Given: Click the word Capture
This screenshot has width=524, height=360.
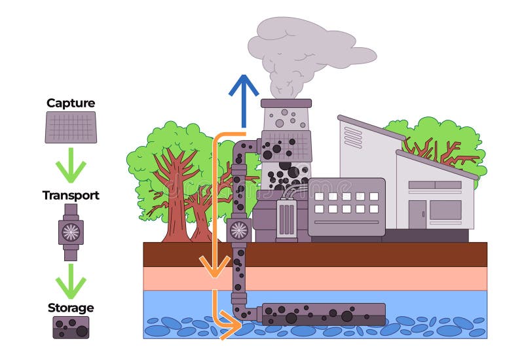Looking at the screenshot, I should tap(71, 103).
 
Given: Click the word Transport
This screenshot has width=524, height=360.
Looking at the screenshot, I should tap(71, 195).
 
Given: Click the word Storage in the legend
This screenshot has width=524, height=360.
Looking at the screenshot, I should tap(71, 308).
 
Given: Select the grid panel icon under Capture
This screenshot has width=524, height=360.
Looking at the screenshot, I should tap(71, 127).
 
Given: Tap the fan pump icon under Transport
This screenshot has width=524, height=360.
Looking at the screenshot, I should tap(71, 230).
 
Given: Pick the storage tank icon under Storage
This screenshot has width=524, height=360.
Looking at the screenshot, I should tap(71, 327).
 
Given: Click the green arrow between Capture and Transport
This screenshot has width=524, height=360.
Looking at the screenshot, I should tap(71, 166).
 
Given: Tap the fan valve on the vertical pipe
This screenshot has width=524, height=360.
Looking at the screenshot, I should tap(238, 229).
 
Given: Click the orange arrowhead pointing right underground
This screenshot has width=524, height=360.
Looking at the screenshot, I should tap(231, 323).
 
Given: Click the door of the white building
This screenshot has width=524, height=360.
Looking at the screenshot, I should tap(417, 214).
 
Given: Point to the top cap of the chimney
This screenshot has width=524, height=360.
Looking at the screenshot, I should tap(286, 103).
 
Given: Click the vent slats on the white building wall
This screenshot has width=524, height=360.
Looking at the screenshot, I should tap(353, 137).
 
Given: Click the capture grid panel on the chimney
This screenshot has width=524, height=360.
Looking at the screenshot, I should tap(286, 146).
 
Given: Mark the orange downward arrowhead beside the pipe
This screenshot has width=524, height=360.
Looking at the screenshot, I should tap(214, 266).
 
